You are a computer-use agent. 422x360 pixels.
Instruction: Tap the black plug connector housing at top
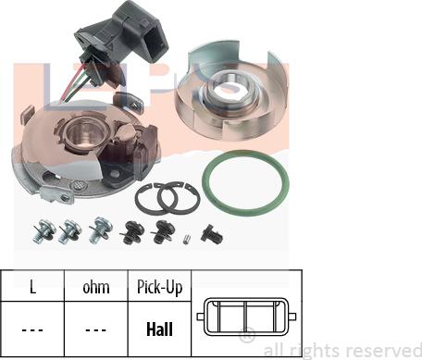[123, 37]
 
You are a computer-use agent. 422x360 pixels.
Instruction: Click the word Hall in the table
[159, 329]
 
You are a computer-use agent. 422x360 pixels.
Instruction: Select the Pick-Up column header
[159, 287]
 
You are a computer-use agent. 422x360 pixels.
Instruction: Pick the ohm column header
[96, 288]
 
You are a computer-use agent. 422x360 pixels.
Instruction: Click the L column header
[32, 287]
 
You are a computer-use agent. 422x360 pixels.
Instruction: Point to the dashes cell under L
[32, 330]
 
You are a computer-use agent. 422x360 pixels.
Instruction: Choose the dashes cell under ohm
[96, 330]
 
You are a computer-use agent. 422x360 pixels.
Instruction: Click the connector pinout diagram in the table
[246, 317]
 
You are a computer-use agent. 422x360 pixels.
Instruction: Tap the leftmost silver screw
[44, 231]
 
